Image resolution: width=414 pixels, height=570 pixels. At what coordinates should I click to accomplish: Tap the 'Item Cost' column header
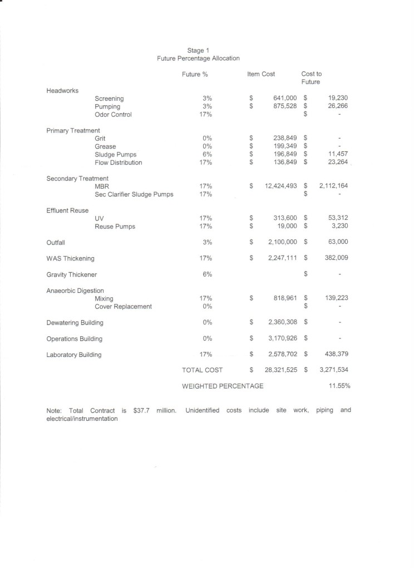point(261,74)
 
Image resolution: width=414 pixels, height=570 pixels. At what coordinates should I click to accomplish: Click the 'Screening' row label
point(109,99)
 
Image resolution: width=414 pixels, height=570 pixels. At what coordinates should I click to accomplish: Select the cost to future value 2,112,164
point(333,186)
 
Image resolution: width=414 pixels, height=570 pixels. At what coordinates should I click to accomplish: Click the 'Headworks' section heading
point(62,90)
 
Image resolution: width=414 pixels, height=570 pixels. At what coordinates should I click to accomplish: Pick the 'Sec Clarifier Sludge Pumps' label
point(134,194)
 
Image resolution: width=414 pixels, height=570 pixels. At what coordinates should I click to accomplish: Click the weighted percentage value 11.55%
point(339,386)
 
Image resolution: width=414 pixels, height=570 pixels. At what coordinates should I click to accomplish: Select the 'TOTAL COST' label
point(202,370)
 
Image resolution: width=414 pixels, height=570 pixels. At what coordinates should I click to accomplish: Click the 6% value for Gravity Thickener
point(207,274)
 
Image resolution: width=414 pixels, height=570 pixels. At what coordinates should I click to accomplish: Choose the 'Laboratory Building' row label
point(74,355)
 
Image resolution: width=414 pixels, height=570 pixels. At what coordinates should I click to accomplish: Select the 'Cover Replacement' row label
point(123,307)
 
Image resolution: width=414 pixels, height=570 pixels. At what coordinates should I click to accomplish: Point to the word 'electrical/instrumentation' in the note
point(82,419)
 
